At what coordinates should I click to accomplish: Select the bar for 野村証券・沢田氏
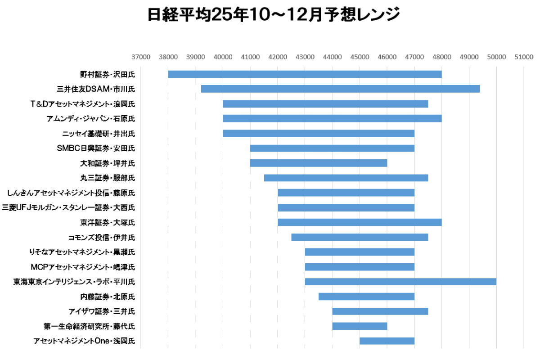point(305,74)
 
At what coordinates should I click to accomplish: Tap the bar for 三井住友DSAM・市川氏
point(340,89)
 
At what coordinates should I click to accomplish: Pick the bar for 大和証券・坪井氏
point(318,163)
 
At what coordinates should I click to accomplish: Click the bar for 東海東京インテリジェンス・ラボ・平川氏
point(400,282)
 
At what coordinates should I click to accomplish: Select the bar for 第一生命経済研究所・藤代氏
point(360,326)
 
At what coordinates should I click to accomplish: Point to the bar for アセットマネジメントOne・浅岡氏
point(387,341)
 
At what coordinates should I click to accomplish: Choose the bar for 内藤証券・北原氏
point(366,297)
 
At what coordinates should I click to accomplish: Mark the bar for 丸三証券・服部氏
point(346,178)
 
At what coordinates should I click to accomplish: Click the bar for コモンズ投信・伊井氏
point(360,237)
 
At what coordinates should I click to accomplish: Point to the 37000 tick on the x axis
point(141,57)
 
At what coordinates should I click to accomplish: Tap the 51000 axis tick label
point(524,57)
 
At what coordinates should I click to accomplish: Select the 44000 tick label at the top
point(333,57)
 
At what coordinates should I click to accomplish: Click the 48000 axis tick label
point(442,57)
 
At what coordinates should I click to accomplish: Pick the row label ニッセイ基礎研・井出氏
point(99,134)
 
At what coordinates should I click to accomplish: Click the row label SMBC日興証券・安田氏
point(96,148)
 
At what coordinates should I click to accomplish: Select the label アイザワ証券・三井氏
point(102,311)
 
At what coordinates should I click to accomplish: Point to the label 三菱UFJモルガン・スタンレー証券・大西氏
point(68,208)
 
